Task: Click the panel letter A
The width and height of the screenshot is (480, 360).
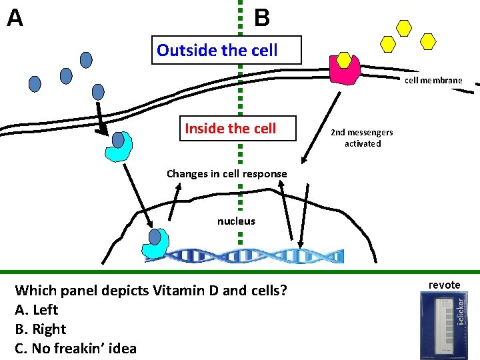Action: [x=15, y=18]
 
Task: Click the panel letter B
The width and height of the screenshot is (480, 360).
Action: [x=262, y=18]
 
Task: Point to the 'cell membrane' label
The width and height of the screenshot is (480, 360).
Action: [x=433, y=80]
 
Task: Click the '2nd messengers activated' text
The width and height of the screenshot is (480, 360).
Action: [x=362, y=137]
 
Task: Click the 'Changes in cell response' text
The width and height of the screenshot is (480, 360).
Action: [x=227, y=174]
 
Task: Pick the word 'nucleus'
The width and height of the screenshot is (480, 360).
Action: [x=236, y=221]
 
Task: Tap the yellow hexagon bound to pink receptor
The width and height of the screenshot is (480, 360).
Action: [x=344, y=60]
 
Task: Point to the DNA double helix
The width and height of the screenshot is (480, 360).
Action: [x=257, y=255]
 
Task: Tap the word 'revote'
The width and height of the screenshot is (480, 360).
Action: [x=444, y=285]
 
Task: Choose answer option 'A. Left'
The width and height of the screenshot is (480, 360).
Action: [x=36, y=309]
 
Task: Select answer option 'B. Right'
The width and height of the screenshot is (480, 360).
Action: [x=40, y=329]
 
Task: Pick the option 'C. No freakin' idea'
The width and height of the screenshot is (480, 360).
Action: [x=75, y=348]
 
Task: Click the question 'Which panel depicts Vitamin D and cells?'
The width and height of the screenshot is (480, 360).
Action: [x=151, y=290]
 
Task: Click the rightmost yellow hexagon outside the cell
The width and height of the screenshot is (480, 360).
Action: [x=428, y=41]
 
